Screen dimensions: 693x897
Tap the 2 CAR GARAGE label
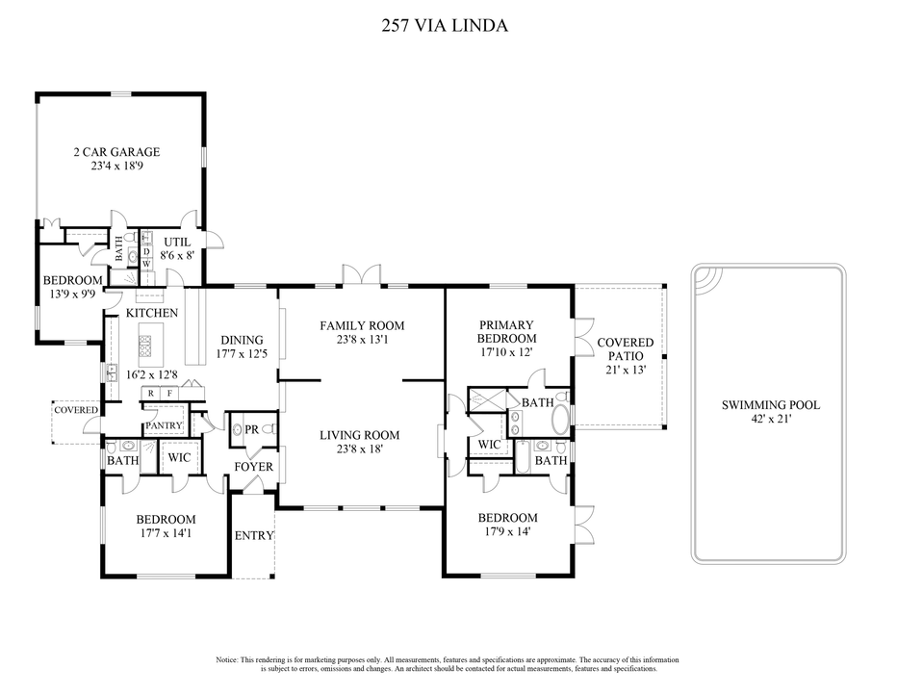116,152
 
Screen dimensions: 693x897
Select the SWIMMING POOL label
771,405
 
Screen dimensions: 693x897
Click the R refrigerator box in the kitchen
151,394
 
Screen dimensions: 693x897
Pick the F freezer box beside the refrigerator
170,394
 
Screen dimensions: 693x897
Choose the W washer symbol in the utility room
146,264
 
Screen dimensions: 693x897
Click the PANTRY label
164,425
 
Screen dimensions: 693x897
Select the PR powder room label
250,429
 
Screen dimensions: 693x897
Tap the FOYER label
254,467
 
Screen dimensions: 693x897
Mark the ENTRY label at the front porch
254,536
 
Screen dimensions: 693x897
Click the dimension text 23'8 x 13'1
361,340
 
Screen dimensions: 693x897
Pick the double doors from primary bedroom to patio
580,339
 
